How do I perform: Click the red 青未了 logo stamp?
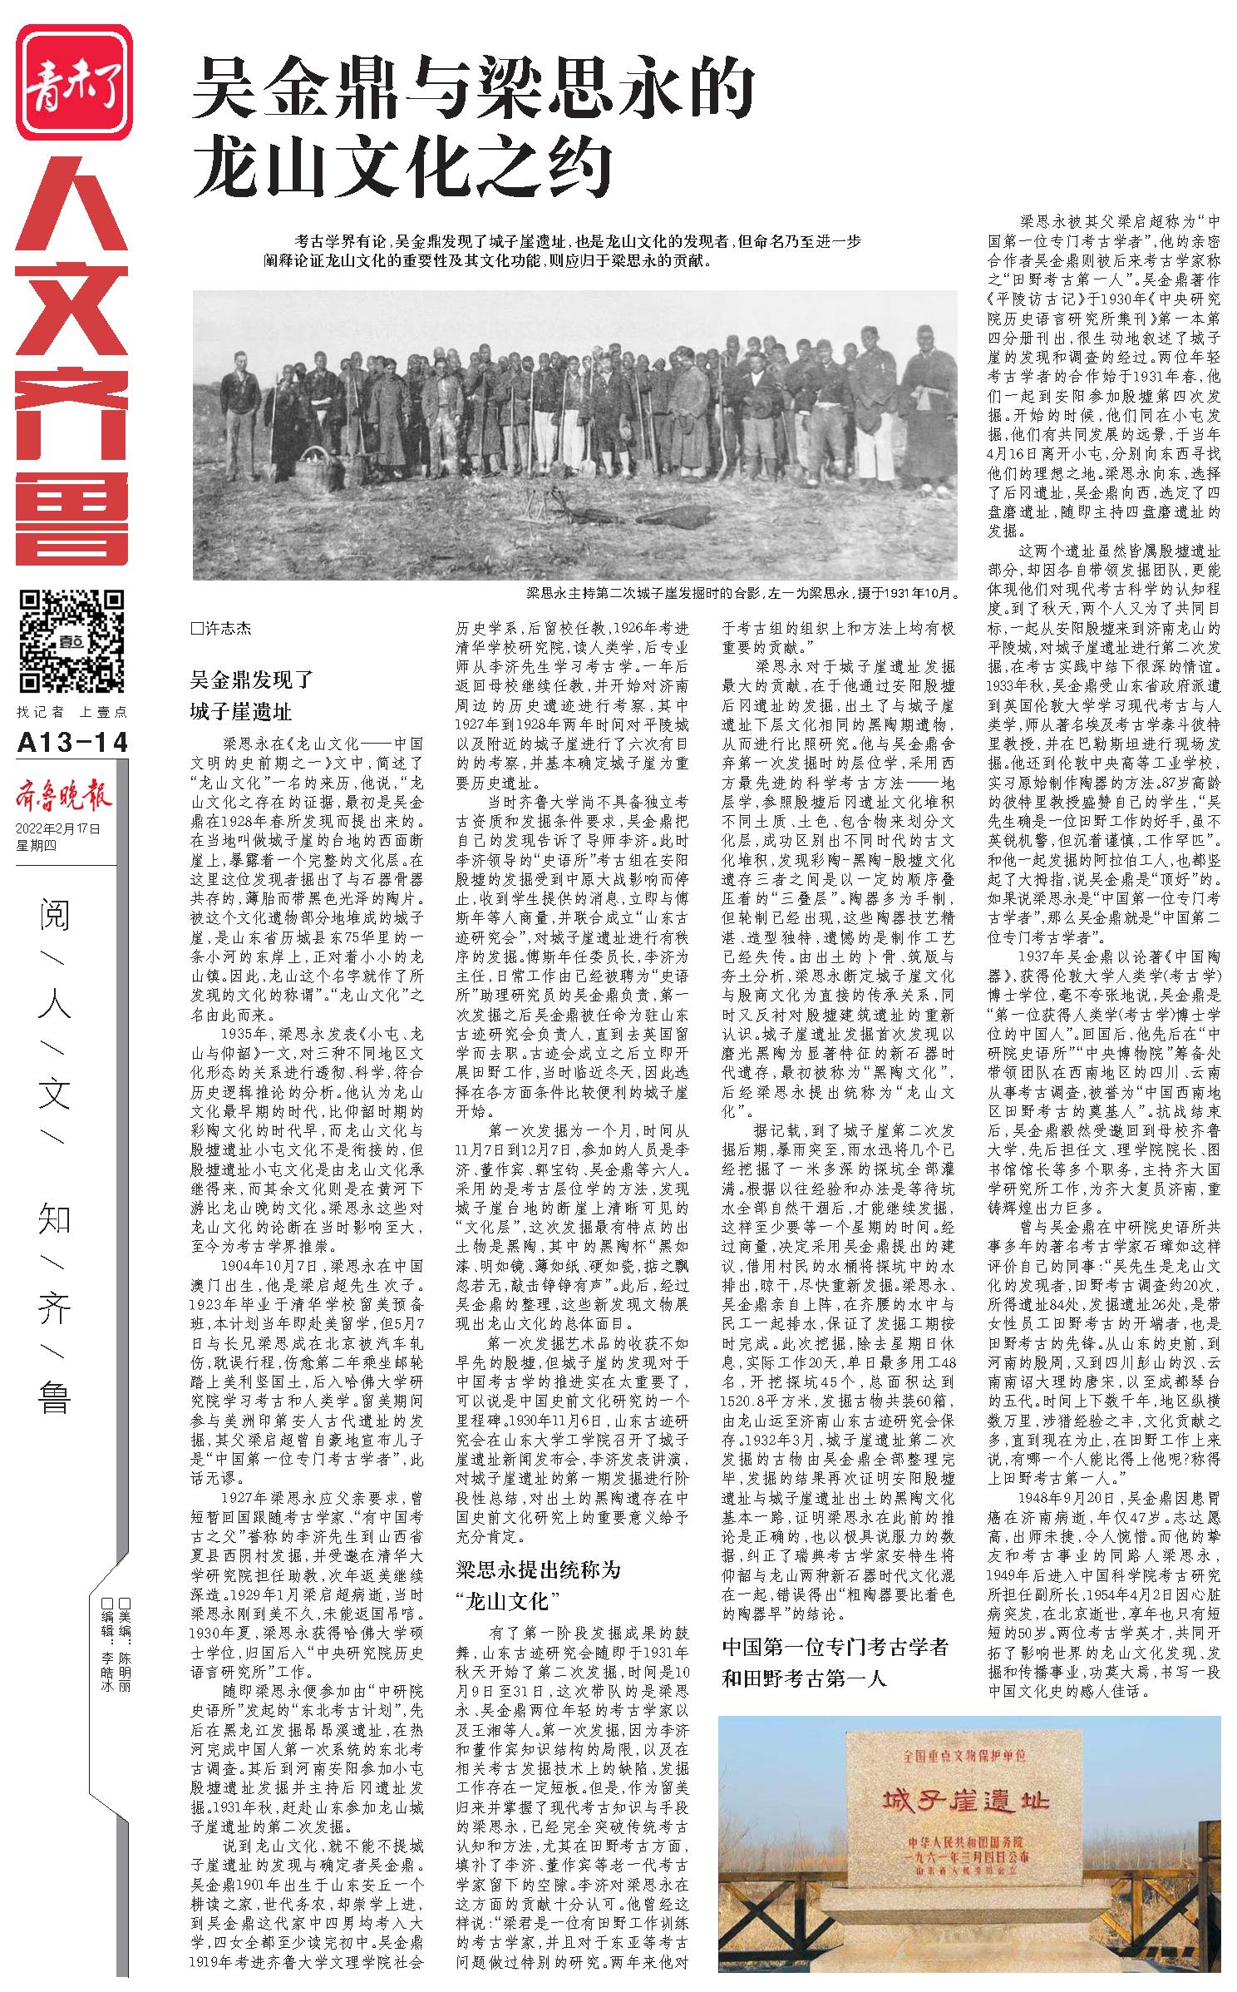(74, 82)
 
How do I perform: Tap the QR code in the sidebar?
(72, 640)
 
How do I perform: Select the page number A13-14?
(73, 742)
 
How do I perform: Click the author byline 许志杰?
(221, 629)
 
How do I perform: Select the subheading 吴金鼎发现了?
(251, 680)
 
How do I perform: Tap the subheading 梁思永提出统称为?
(538, 1569)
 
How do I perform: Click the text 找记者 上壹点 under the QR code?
(72, 712)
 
